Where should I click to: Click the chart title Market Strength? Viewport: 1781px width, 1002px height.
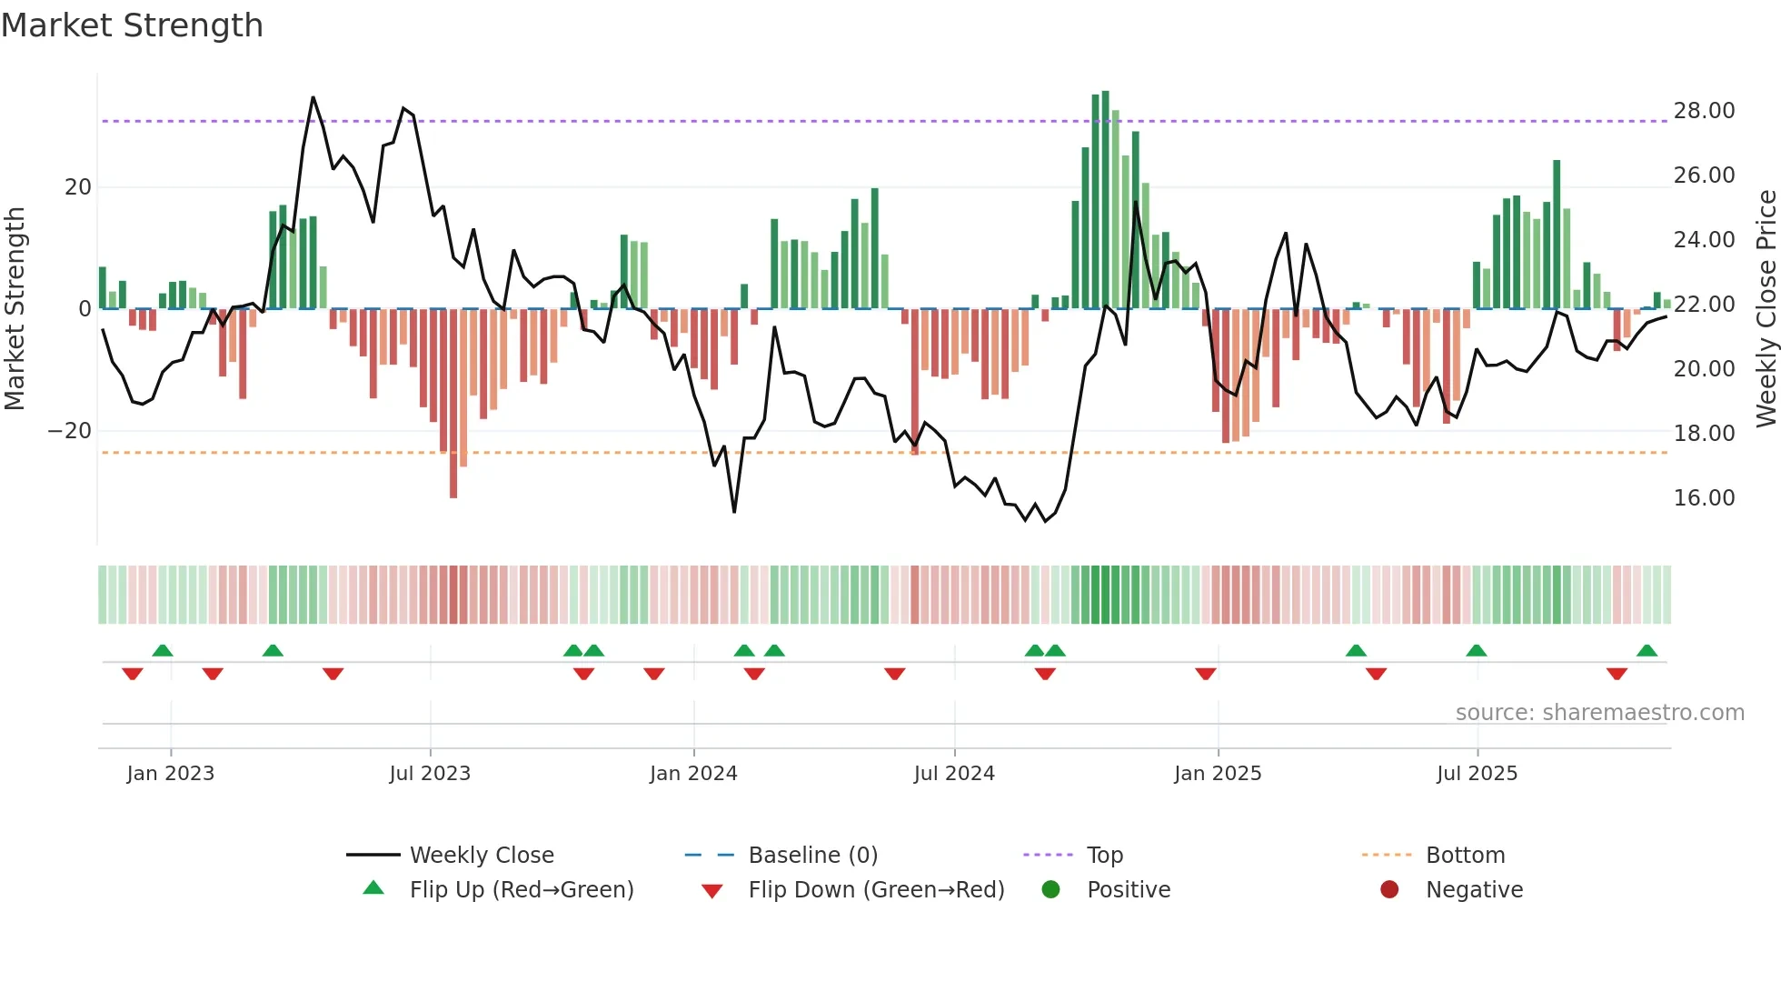(132, 25)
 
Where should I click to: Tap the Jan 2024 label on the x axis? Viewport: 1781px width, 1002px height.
(693, 774)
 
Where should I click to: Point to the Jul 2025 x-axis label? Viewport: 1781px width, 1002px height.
(1477, 774)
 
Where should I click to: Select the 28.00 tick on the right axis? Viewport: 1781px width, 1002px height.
(1704, 111)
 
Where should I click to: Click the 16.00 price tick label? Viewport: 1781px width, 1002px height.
(1704, 498)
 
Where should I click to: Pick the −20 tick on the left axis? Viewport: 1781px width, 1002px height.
(70, 431)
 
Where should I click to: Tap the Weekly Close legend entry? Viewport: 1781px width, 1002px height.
(481, 856)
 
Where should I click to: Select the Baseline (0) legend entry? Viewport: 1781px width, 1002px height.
(812, 856)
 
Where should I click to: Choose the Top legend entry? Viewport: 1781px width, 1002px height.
(1104, 856)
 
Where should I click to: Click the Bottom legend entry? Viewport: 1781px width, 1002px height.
(1465, 856)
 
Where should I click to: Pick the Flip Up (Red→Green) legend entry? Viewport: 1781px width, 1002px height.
(521, 890)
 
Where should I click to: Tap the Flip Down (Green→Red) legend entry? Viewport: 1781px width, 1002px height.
(876, 890)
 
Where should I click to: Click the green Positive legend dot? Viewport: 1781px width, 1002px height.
(1051, 889)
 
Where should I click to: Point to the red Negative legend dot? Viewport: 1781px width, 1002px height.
(1389, 889)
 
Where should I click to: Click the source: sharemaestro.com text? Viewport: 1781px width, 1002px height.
(1599, 713)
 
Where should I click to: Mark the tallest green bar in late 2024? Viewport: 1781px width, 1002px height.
(1105, 200)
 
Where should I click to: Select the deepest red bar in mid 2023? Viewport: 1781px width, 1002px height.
(453, 405)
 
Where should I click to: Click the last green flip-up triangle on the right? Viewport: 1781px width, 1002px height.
(1647, 650)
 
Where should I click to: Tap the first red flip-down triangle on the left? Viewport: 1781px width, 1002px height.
(133, 674)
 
